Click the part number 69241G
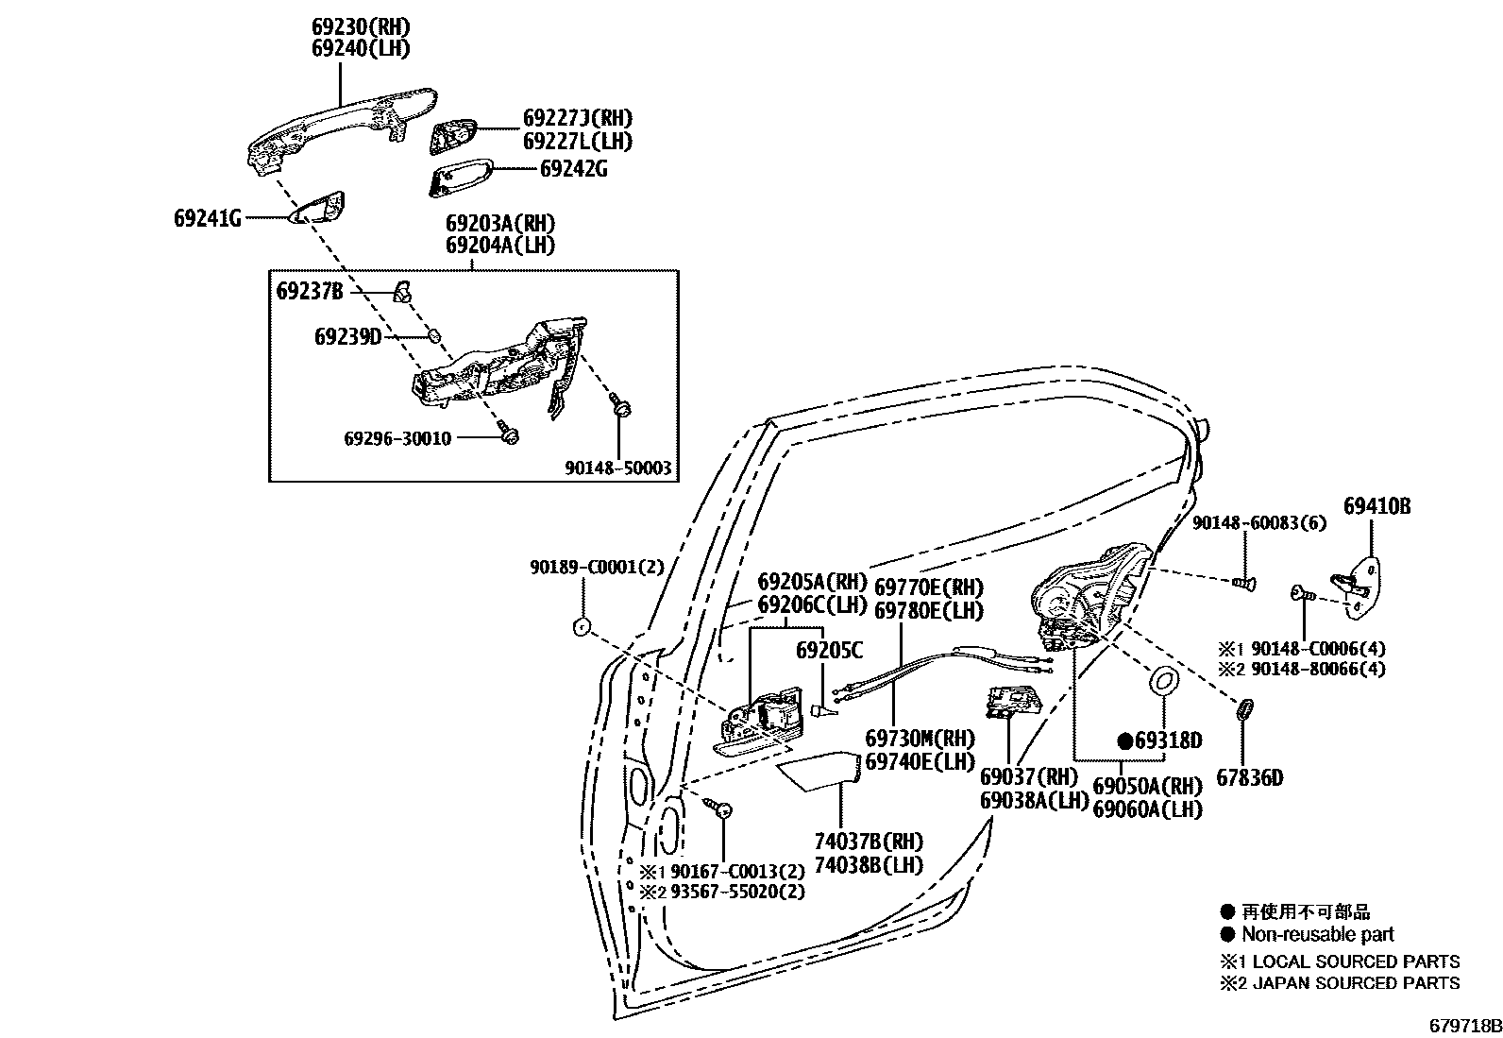click(207, 219)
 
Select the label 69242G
click(573, 169)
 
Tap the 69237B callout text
click(310, 291)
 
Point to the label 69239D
click(347, 336)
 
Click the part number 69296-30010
click(397, 438)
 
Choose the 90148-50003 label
click(618, 468)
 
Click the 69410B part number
click(1377, 507)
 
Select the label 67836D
click(1249, 778)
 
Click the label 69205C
click(829, 650)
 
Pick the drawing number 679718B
click(1462, 1026)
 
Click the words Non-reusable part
click(1317, 935)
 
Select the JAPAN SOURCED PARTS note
click(1351, 983)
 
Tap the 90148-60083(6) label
click(1245, 522)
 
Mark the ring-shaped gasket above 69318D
click(1162, 680)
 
